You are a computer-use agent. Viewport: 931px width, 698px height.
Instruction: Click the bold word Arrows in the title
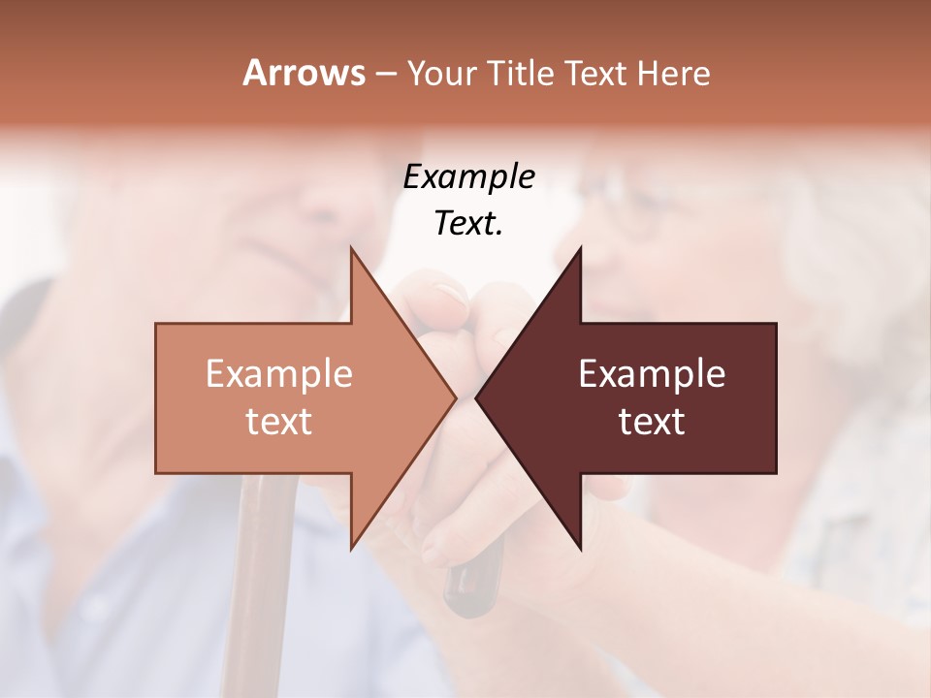point(304,73)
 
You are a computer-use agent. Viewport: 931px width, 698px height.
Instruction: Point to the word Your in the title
point(439,73)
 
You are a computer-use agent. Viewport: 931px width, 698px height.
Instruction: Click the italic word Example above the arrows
point(469,177)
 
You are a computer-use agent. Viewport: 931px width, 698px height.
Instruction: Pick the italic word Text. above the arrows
point(469,224)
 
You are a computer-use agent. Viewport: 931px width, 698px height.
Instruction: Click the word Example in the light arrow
point(279,374)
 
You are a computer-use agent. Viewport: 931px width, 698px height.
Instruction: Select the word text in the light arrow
point(279,422)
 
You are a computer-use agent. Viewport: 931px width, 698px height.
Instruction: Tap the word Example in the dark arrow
point(652,374)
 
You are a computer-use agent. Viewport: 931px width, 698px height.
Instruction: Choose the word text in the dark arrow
point(652,422)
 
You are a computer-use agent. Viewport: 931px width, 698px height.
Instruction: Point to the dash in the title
point(385,74)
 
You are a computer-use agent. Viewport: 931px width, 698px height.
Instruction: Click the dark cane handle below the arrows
point(474,582)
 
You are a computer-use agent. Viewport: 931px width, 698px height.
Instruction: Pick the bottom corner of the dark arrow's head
point(580,548)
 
